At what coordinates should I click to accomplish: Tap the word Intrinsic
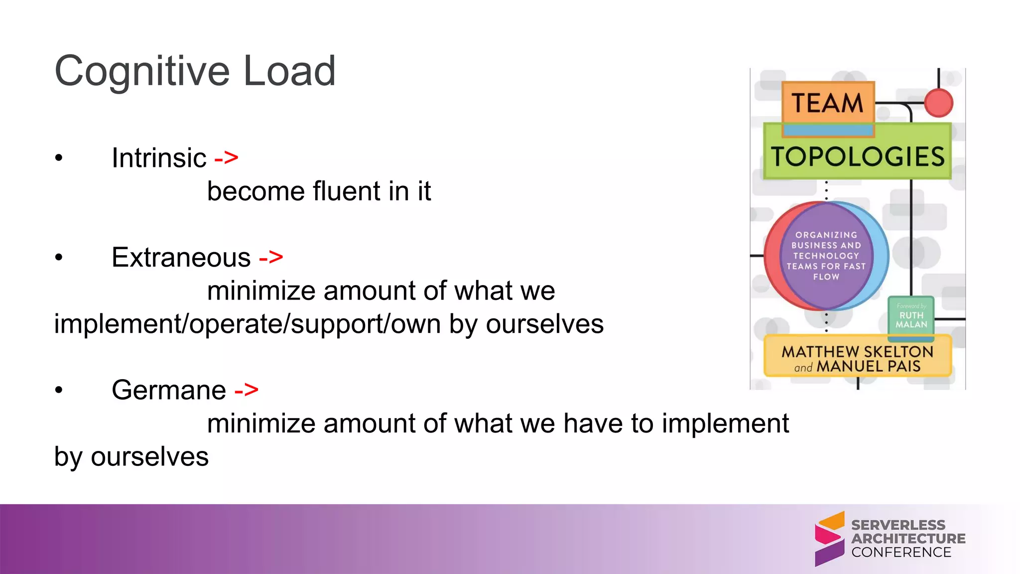point(158,158)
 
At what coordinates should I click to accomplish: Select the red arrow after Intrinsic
point(226,158)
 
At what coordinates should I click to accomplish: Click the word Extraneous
point(181,258)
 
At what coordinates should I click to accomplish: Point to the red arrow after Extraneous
point(271,258)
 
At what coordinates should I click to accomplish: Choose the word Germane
point(168,390)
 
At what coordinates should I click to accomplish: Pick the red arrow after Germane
point(247,390)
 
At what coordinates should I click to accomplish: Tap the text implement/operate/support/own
point(247,324)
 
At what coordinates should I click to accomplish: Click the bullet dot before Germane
point(59,390)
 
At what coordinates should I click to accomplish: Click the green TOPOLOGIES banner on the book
point(857,156)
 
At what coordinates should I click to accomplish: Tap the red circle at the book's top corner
point(938,103)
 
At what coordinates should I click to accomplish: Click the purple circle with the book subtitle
point(826,256)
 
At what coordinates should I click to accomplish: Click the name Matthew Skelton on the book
point(857,351)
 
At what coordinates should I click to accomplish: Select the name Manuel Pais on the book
point(869,367)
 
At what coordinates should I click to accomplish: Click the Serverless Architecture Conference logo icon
point(830,539)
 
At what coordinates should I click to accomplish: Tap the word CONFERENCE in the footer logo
point(901,553)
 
